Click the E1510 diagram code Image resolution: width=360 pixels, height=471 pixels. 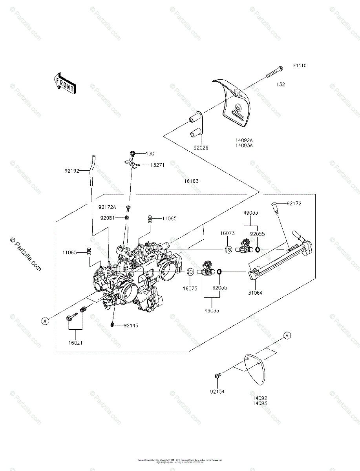pos(299,66)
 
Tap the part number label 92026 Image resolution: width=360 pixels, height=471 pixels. pos(201,148)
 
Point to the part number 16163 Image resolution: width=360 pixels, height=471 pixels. pos(191,181)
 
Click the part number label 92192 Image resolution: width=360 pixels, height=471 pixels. pos(72,171)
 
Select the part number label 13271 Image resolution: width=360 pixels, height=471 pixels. pos(157,165)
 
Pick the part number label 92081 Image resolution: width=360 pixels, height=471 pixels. pos(107,218)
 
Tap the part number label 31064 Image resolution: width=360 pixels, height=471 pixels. pos(256,292)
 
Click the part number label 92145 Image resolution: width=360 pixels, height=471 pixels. pos(131,325)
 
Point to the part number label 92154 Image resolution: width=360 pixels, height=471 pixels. pos(217,391)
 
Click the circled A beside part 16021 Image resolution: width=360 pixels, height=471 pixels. pos(46,321)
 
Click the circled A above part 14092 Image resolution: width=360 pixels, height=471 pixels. pos(287,335)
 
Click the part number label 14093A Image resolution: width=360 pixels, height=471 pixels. pos(244,145)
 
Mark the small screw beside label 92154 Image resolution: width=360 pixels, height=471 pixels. pos(217,376)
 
